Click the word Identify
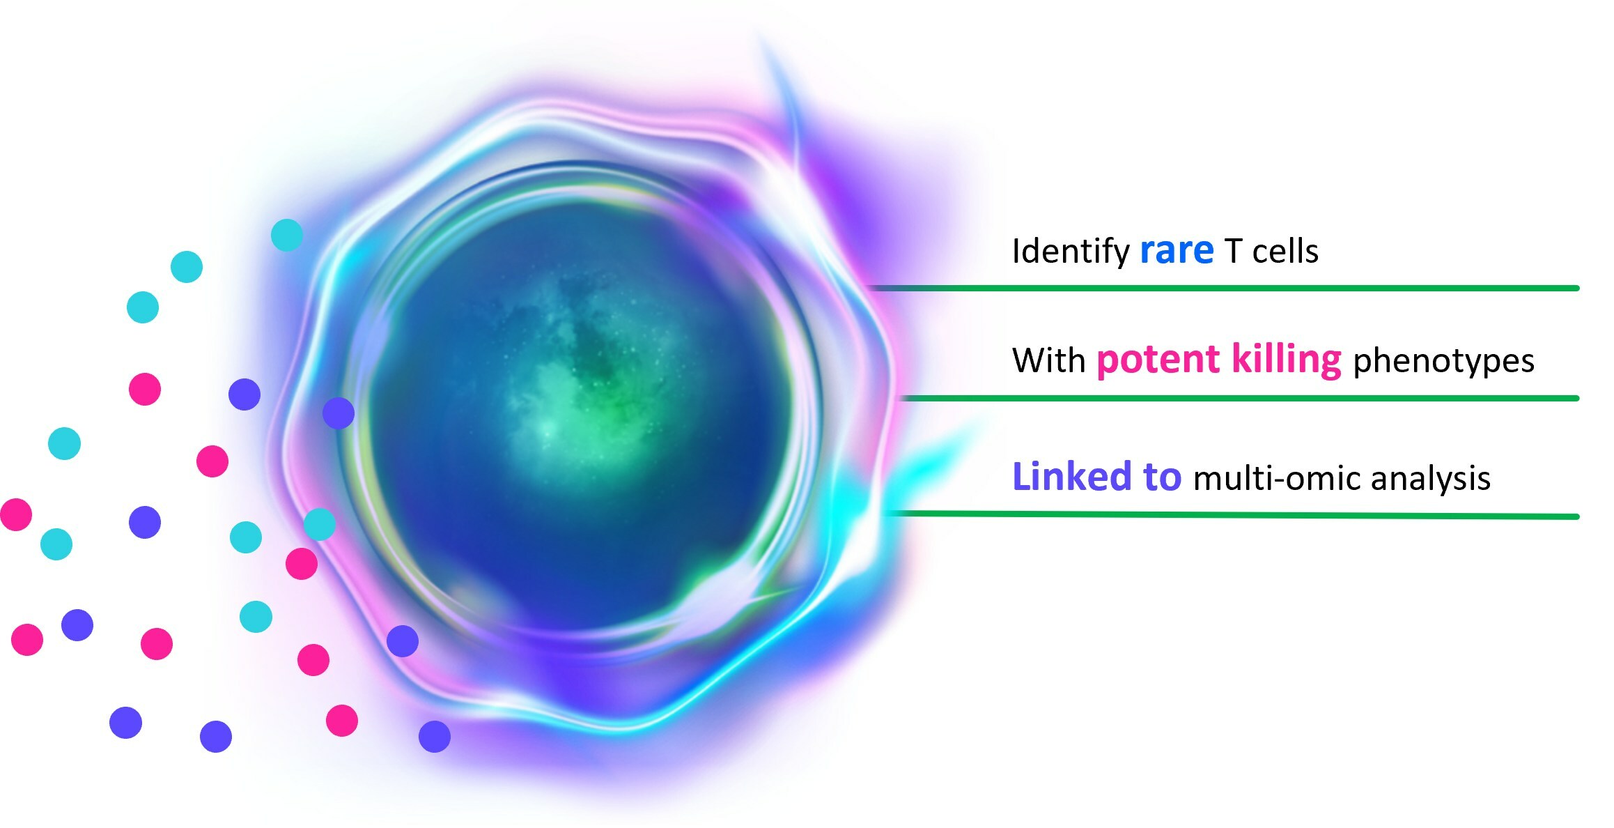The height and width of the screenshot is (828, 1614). click(1071, 252)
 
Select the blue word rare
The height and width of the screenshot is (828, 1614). click(1177, 252)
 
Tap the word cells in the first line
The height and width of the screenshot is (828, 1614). click(1285, 252)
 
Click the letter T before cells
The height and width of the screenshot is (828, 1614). click(1233, 252)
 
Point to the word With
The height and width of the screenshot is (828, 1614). click(1048, 361)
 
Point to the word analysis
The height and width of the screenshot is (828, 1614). click(1431, 480)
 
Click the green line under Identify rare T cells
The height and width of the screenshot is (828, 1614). click(1224, 288)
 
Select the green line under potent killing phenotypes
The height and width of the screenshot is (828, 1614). click(1240, 398)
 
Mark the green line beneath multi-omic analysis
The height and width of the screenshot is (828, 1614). click(1233, 515)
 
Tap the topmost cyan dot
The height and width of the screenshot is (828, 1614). click(287, 235)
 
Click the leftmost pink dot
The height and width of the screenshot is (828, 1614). click(15, 514)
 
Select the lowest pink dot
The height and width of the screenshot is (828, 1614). click(342, 721)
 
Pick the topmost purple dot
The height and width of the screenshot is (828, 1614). click(245, 394)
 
